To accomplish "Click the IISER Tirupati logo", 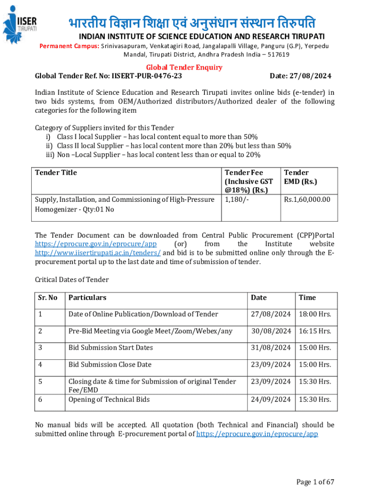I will (20, 22).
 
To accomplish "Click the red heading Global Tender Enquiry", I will (185, 68).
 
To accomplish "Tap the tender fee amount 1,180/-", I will (236, 199).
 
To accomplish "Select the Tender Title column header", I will (56, 173).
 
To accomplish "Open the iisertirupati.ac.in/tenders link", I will (97, 252).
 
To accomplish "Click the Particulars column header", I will (87, 298).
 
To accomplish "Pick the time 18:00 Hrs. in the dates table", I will (315, 314).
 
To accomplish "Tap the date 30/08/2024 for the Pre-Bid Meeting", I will (270, 331).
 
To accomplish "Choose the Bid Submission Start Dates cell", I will (111, 348).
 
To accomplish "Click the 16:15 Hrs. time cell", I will (315, 331).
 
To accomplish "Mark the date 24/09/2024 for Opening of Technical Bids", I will (270, 400).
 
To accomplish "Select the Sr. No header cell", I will (48, 298).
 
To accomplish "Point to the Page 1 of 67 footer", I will (316, 482).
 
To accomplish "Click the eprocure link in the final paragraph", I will (257, 434).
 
